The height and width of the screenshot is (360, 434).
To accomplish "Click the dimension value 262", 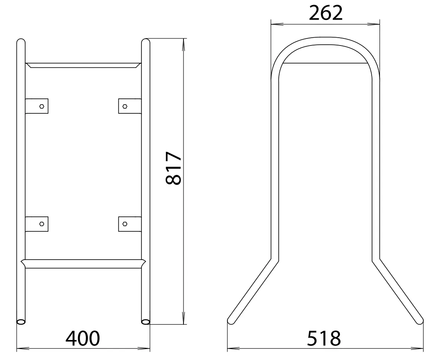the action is point(325,13).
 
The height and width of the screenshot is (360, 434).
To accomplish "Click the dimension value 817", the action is point(174,168).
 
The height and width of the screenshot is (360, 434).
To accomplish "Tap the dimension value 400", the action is point(82,338).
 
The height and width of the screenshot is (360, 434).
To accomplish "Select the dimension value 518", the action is point(324,338).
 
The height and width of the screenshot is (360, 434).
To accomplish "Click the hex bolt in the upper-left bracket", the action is point(42,106).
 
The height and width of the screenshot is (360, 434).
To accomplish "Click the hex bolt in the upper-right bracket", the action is point(125,106).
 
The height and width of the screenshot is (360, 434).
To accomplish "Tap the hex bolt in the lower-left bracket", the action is point(42,224).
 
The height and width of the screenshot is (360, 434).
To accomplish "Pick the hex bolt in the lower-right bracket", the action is point(125,224).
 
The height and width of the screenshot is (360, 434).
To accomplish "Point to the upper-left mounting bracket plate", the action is point(36,106).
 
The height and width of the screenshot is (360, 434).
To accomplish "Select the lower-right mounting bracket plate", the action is point(130,224).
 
